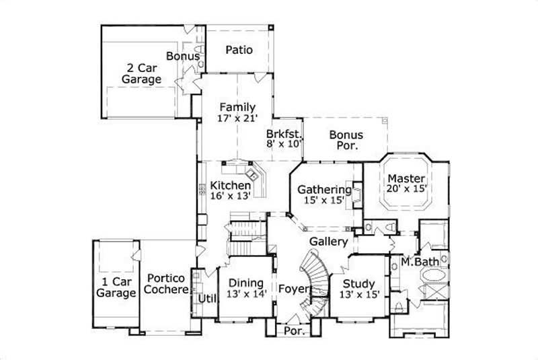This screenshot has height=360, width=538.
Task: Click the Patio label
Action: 239,50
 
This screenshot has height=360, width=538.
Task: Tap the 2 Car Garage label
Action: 141,73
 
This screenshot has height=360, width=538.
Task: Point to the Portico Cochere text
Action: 167,283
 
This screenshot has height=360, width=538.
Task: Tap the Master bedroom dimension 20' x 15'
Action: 406,190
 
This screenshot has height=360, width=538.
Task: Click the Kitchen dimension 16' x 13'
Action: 230,196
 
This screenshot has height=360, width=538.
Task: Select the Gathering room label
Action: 325,189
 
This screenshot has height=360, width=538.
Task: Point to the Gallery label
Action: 329,242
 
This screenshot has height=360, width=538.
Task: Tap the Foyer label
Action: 293,289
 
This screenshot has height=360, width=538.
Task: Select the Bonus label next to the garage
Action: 183,57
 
